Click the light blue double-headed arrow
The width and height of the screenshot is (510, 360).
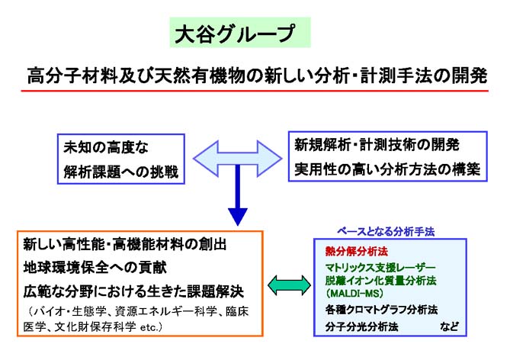[238, 159]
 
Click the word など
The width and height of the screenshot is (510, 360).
[450, 327]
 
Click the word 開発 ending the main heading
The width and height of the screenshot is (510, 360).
[468, 76]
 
